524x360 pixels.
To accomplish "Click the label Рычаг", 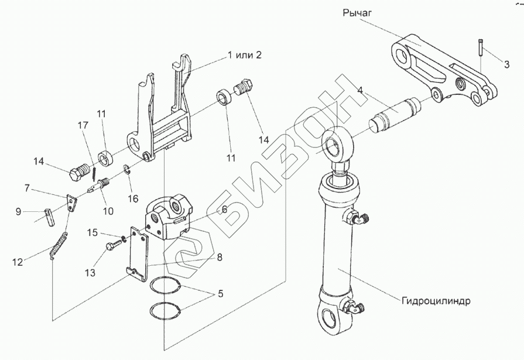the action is [x=357, y=13].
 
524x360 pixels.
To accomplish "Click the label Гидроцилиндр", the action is [x=436, y=301].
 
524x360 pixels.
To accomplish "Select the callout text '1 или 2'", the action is [x=244, y=55].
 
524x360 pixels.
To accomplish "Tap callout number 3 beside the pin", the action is [x=506, y=64].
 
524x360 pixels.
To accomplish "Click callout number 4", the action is [x=359, y=90].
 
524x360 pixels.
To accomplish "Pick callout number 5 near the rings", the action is [x=220, y=294].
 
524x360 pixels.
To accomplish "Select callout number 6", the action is [x=224, y=210].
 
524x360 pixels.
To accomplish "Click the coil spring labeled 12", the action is [x=59, y=246].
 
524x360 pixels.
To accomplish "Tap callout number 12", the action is [x=18, y=262].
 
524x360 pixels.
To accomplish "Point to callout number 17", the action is [x=83, y=125].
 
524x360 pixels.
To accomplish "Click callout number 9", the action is [x=18, y=211].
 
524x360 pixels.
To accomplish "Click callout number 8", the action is [x=220, y=257].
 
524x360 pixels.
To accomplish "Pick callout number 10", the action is [x=108, y=211].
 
